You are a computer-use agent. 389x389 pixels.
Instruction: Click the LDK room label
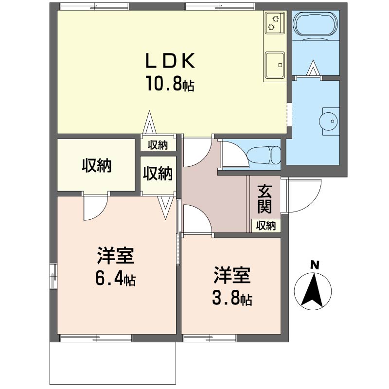click(171, 62)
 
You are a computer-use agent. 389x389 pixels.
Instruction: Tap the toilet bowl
click(263, 155)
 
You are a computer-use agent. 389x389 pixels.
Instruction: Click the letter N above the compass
click(315, 265)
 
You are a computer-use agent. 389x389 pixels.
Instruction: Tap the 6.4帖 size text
click(115, 279)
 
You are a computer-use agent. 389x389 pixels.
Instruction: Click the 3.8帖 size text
click(231, 298)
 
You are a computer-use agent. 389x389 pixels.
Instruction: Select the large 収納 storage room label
click(96, 166)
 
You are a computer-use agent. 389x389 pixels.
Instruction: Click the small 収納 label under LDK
click(158, 144)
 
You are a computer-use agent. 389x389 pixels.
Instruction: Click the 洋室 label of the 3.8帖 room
click(232, 276)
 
